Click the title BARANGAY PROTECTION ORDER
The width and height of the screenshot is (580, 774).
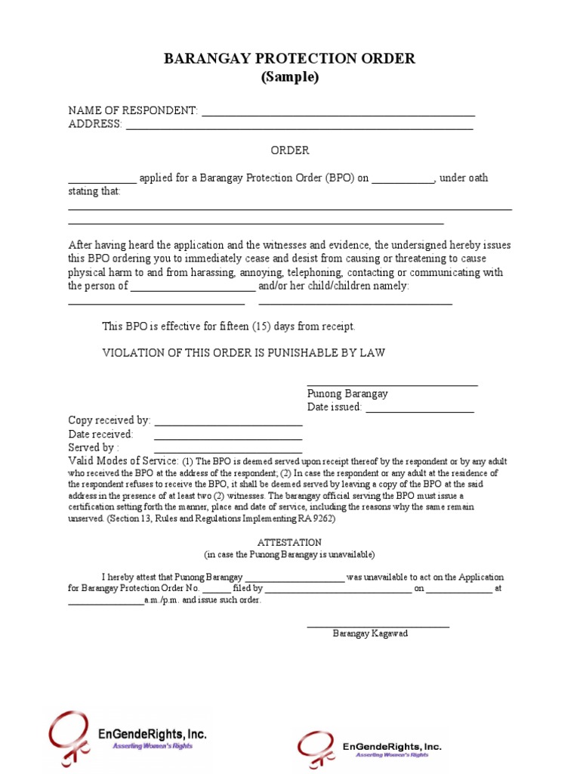(x=290, y=59)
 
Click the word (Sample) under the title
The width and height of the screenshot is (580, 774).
(x=290, y=77)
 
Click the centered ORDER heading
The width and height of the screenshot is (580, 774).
(x=290, y=150)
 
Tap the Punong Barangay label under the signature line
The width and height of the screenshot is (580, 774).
(x=347, y=394)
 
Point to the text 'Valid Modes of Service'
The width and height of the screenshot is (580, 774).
(x=123, y=461)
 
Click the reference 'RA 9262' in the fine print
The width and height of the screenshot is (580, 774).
(x=317, y=519)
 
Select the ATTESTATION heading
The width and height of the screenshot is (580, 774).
(x=290, y=543)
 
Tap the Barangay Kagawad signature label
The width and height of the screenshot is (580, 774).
(x=370, y=633)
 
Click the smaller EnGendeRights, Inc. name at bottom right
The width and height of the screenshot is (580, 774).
(x=392, y=747)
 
